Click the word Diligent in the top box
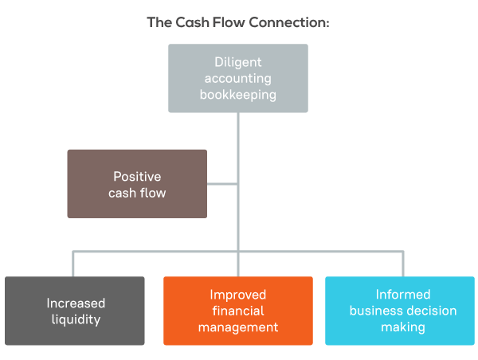237,62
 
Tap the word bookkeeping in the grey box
237,95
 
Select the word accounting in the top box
237,79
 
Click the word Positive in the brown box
137,177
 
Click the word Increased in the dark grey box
76,303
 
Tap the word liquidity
76,319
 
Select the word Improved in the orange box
237,295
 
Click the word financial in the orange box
238,311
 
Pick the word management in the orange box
238,327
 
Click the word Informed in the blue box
403,295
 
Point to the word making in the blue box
403,327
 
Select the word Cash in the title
192,22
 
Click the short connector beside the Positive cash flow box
222,184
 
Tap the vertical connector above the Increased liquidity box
72,264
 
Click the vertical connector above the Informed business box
403,264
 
